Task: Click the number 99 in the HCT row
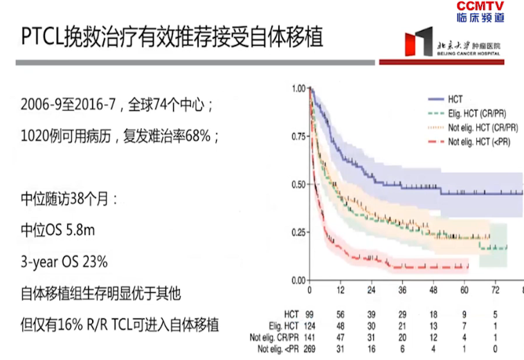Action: coord(309,314)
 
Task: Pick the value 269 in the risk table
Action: coord(309,349)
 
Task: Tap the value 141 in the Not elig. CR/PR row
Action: coord(309,337)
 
